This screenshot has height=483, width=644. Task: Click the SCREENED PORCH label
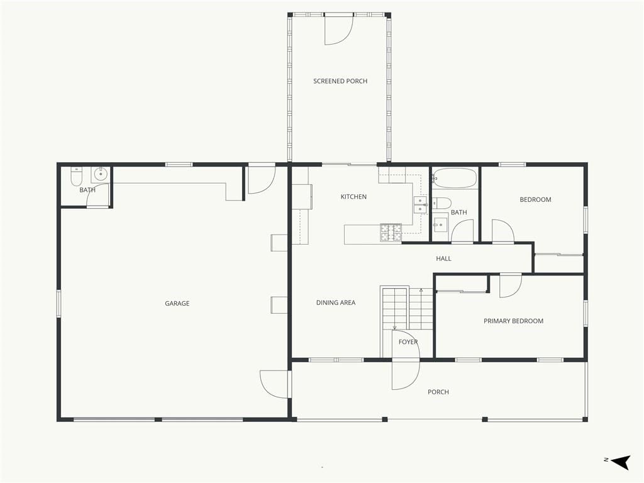[x=340, y=81]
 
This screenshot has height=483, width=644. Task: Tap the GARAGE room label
[x=177, y=304]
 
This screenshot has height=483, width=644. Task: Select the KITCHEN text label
[x=353, y=197]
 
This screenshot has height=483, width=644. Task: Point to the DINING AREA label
[x=336, y=303]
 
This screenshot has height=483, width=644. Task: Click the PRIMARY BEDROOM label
[x=513, y=321]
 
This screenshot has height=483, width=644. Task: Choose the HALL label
[x=443, y=258]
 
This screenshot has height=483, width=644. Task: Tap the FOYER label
[x=408, y=341]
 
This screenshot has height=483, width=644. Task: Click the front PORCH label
[x=438, y=392]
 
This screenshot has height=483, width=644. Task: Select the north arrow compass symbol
[x=621, y=462]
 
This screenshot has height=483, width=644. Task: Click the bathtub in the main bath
[x=455, y=178]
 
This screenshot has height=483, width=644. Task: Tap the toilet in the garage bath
[x=76, y=176]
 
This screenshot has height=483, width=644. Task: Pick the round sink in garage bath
[x=100, y=174]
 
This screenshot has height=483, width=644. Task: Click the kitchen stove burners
[x=391, y=233]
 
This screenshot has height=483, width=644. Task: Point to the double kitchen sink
[x=419, y=205]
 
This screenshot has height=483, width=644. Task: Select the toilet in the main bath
[x=441, y=203]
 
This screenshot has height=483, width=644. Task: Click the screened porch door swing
[x=339, y=30]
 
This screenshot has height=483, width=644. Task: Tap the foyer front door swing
[x=406, y=374]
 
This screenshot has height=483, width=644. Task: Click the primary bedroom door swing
[x=511, y=286]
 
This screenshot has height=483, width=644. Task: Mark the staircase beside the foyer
[x=407, y=308]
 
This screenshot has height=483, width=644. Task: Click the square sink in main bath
[x=441, y=225]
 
